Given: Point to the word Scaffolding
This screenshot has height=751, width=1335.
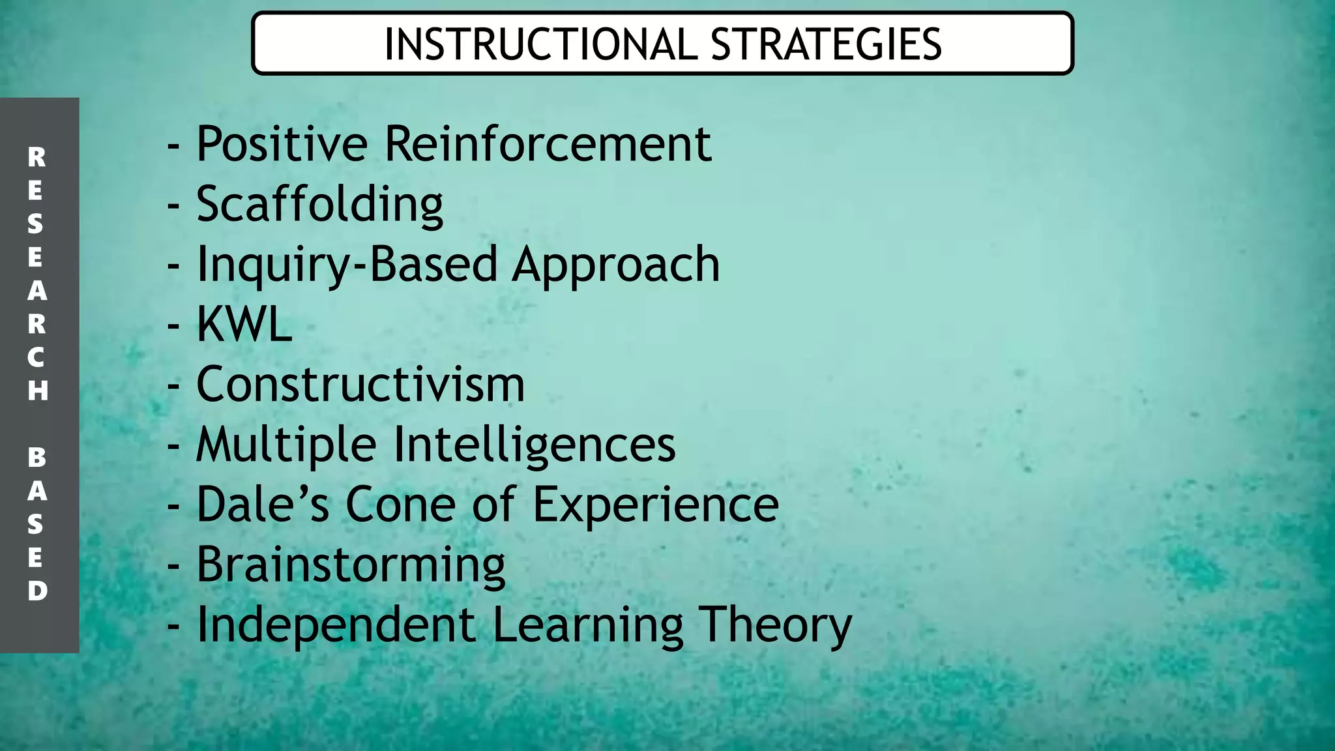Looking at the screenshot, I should pos(319,205).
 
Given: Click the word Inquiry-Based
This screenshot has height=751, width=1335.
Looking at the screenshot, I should pos(347,265).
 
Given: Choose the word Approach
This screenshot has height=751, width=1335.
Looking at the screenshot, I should pos(615,265).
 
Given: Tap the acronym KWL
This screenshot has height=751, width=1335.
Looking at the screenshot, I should pos(244,324).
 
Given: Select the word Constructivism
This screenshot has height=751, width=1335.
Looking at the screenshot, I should pos(360,384).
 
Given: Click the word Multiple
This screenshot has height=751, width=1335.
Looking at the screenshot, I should pos(286,445).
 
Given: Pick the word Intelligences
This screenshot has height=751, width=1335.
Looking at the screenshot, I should pos(535,445).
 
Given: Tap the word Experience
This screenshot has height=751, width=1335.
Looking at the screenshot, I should pos(655,505).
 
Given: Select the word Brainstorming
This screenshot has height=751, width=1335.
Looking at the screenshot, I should pos(351,565).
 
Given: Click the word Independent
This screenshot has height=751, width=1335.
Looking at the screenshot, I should pos(336,625).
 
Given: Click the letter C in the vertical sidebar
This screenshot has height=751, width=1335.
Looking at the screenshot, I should pos(37,357).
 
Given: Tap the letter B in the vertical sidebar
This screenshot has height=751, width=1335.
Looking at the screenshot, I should pos(37,458).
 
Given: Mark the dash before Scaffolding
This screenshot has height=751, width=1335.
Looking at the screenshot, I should pos(173,206).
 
